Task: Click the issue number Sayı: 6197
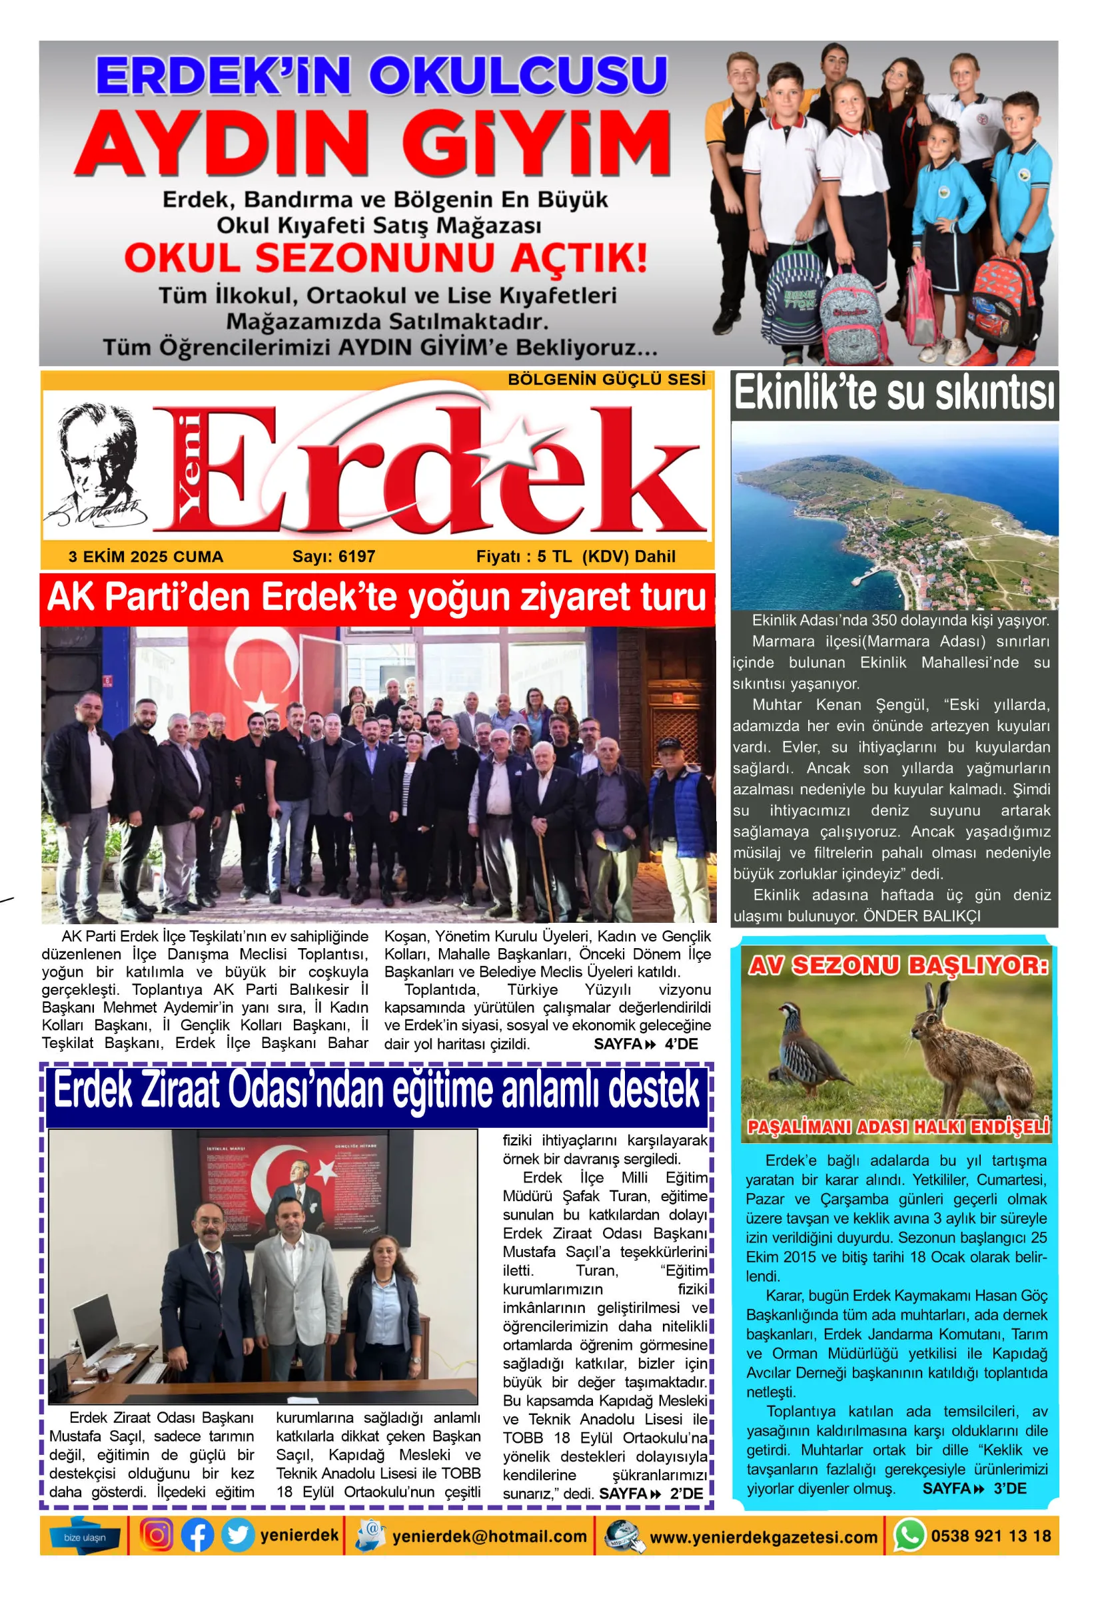coord(334,557)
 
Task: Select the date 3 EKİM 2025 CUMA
coord(146,557)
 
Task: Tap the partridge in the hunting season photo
coord(812,1049)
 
